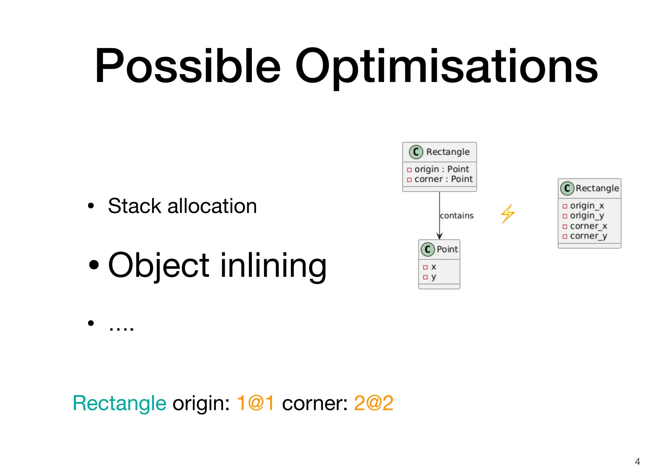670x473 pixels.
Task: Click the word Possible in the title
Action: [187, 66]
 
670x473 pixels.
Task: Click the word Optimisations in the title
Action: [446, 66]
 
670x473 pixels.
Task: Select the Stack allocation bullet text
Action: [182, 206]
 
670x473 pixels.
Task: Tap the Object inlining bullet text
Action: [217, 265]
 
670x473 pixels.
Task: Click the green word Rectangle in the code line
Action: [119, 403]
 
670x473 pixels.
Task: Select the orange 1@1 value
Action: [256, 403]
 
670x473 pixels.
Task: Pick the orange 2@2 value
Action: [374, 403]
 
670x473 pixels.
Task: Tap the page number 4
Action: [637, 462]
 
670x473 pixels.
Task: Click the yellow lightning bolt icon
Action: [508, 214]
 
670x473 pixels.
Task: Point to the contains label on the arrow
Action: [457, 216]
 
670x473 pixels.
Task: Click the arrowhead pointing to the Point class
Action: [440, 236]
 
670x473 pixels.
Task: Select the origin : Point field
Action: [441, 169]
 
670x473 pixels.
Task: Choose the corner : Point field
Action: [443, 179]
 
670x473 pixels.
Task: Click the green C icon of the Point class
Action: [428, 249]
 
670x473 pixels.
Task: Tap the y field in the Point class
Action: [433, 277]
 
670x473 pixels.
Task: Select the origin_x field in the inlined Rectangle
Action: [587, 206]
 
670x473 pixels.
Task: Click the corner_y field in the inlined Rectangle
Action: [588, 236]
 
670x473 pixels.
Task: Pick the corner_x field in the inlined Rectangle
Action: [588, 226]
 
